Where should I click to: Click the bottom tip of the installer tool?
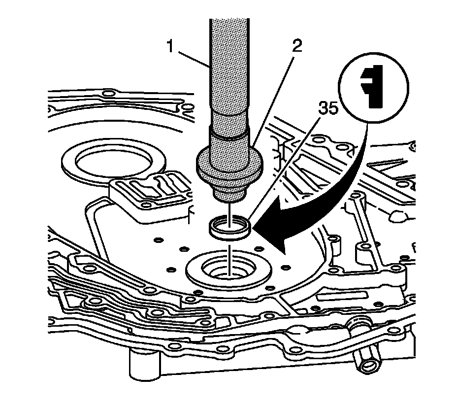[229, 196]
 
